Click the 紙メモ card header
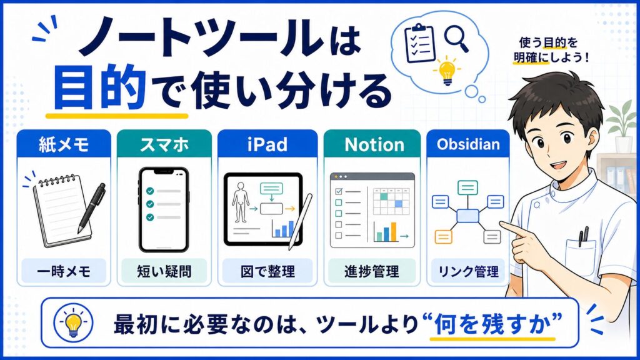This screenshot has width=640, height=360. pos(64,144)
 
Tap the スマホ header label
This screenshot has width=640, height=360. pos(164,144)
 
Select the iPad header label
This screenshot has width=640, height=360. pos(267,144)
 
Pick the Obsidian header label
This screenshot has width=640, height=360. pos(468,144)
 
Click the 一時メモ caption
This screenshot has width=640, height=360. pos(64,271)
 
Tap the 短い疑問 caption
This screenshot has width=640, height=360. pos(164,271)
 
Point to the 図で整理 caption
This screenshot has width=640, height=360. pos(267,271)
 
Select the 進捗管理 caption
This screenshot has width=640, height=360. pos(371,271)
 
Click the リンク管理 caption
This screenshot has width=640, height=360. pos(468,271)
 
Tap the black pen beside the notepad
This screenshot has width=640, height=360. pos(91,208)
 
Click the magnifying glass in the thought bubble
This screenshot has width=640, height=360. pos(456,38)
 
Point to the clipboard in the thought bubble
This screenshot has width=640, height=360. pos(419,43)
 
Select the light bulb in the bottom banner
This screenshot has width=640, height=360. pos(74,323)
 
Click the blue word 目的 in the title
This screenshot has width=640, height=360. pos(99,87)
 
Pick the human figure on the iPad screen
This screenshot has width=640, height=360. pos(241,202)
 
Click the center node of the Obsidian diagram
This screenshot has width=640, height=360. pos(467,216)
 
